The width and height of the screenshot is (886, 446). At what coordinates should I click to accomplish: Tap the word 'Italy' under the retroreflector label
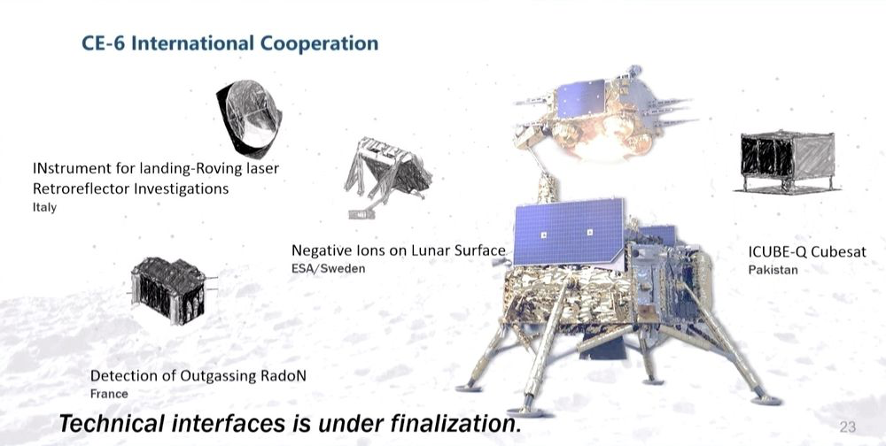(x=44, y=207)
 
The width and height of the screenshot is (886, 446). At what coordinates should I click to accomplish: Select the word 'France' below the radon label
(x=109, y=394)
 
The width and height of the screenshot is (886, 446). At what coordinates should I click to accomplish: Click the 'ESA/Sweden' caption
(x=329, y=268)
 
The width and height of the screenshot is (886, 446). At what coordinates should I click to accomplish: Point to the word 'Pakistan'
(x=773, y=270)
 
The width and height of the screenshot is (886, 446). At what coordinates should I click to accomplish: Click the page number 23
(x=848, y=427)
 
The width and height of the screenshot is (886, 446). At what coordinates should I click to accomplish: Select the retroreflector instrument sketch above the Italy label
(x=249, y=119)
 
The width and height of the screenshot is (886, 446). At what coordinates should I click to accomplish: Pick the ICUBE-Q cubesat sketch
(x=788, y=162)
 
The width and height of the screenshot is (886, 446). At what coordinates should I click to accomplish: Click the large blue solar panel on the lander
(x=569, y=232)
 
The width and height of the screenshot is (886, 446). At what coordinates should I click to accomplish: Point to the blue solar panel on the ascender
(x=582, y=97)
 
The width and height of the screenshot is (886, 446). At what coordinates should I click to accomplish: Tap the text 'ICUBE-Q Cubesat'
(x=807, y=252)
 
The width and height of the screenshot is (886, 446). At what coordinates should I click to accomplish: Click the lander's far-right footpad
(x=766, y=400)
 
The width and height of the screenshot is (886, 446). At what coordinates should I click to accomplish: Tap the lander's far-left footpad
(x=469, y=388)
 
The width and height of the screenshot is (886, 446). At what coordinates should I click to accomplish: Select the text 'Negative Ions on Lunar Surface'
(x=399, y=250)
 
